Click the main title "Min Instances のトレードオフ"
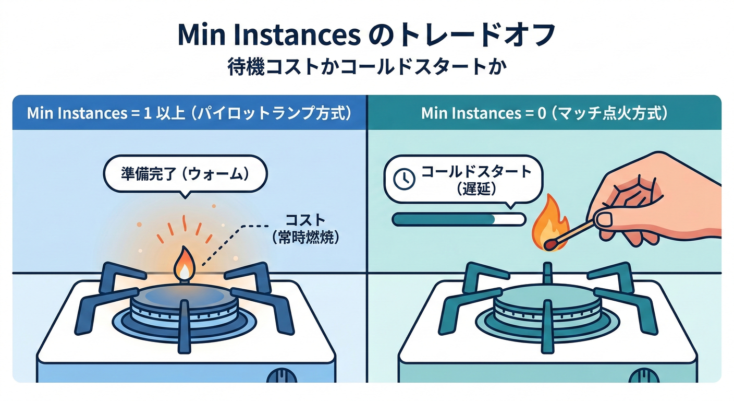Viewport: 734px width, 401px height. (x=366, y=35)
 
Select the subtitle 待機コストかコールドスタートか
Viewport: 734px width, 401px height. (x=366, y=68)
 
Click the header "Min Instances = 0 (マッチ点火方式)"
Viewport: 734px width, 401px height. (x=544, y=113)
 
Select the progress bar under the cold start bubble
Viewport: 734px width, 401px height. (x=458, y=219)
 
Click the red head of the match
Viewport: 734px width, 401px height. (x=549, y=243)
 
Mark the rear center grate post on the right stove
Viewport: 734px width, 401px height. (x=547, y=272)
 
